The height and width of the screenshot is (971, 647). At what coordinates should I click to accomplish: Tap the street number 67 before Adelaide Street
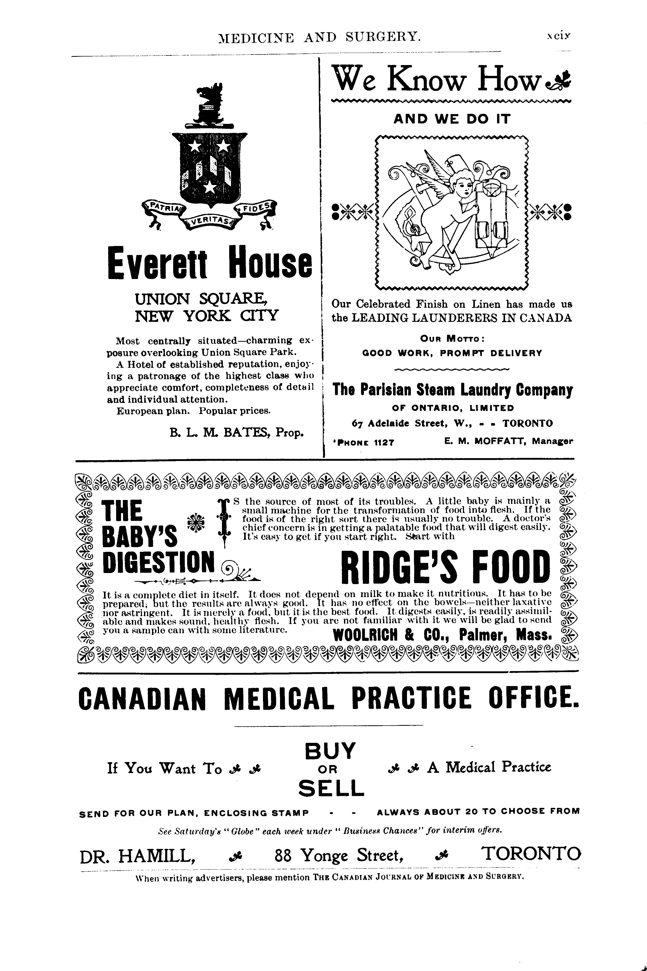(358, 423)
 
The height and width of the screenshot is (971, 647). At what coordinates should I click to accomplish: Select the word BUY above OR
(330, 751)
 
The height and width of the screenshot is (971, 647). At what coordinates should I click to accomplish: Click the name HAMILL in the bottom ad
(157, 855)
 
